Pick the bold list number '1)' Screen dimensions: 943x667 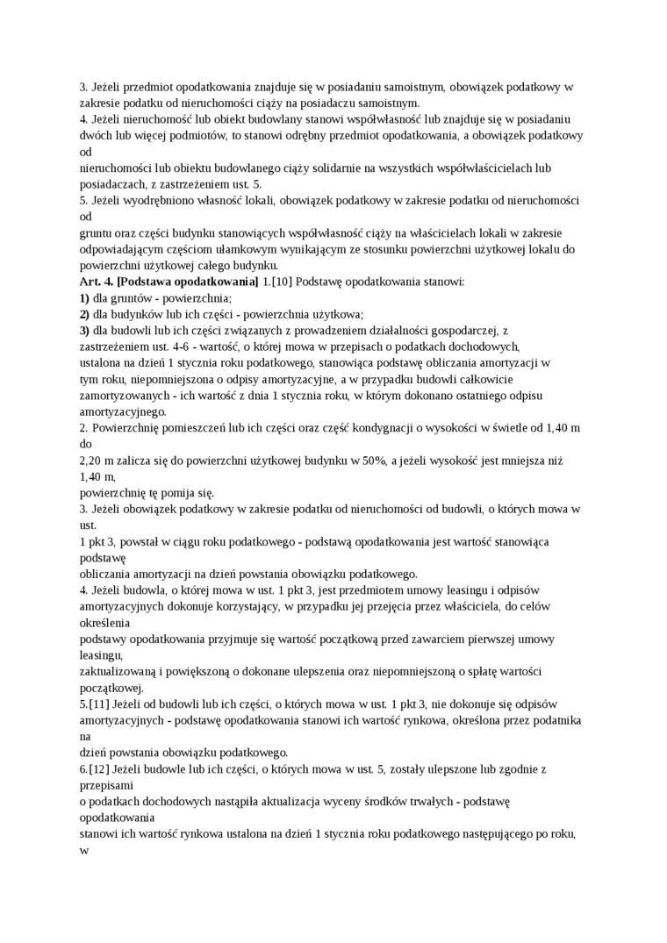tap(84, 298)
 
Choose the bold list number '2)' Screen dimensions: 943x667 tap(84, 314)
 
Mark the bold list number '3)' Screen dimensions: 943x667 tap(84, 331)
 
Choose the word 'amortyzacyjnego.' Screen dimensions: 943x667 tap(123, 411)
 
